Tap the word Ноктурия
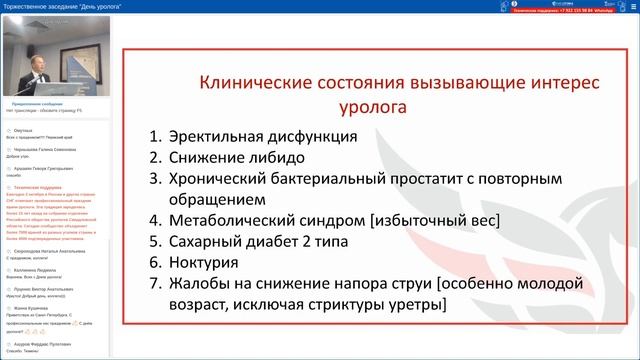click(203, 262)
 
